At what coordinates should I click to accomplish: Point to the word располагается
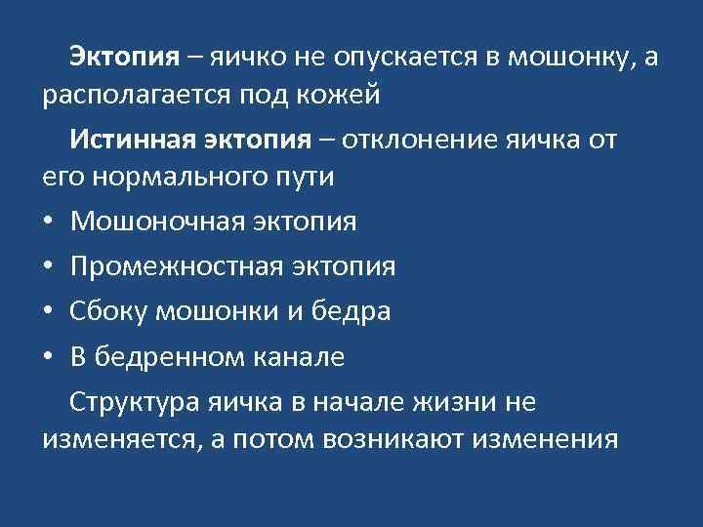tap(135, 98)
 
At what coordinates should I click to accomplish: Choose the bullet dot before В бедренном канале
tap(49, 357)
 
